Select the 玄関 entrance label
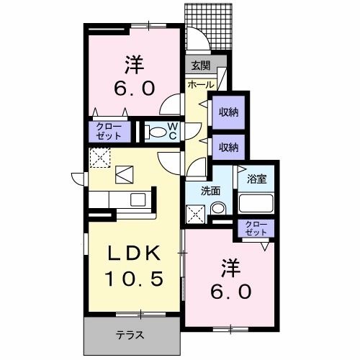[200, 66]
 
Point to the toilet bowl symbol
[155, 132]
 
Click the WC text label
[173, 131]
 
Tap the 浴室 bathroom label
[257, 178]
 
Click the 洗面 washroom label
[211, 192]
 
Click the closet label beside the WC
[109, 131]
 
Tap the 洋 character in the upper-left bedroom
[133, 65]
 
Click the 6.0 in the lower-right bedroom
[231, 292]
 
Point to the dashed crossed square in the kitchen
[99, 157]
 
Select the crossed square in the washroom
[194, 212]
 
